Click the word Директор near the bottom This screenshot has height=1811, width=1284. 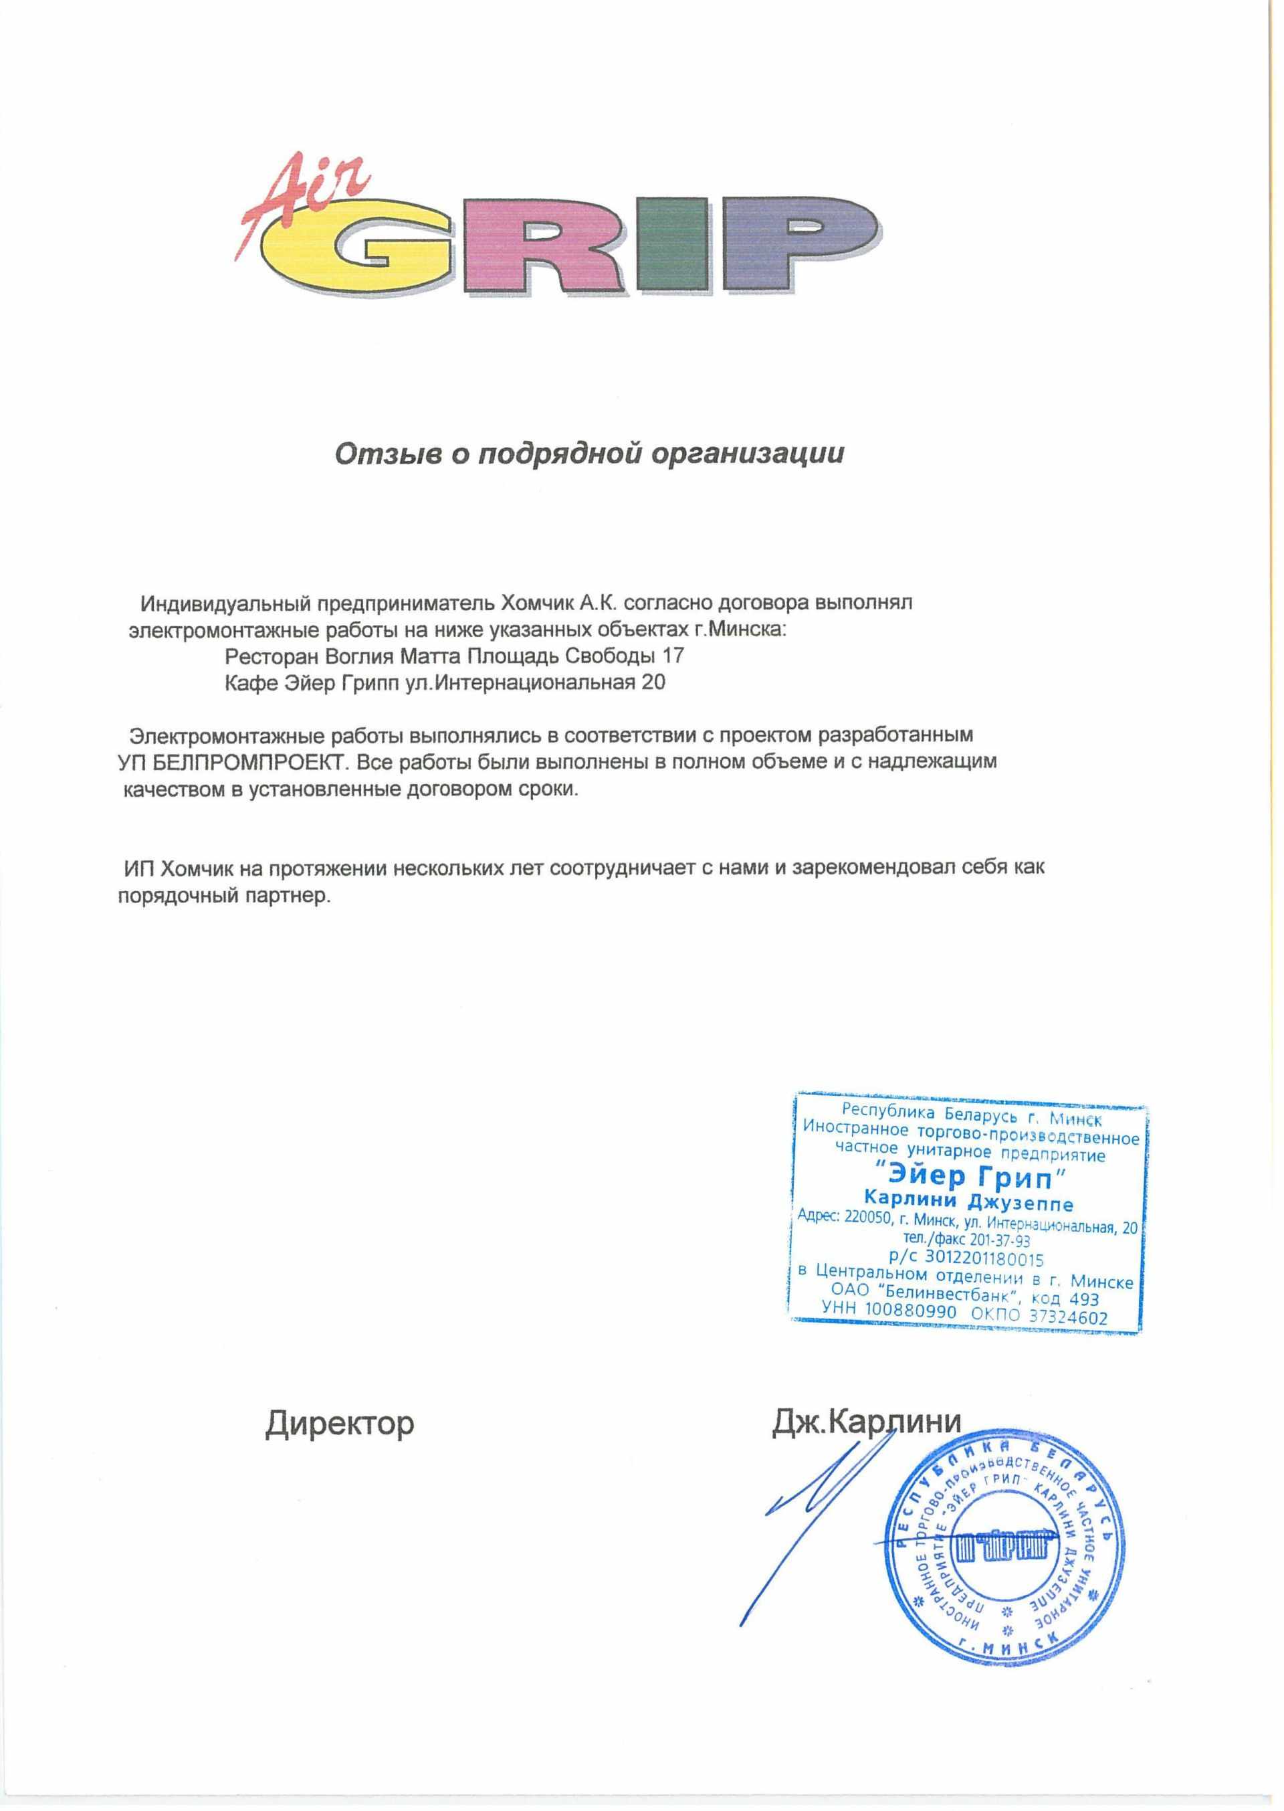click(339, 1423)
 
